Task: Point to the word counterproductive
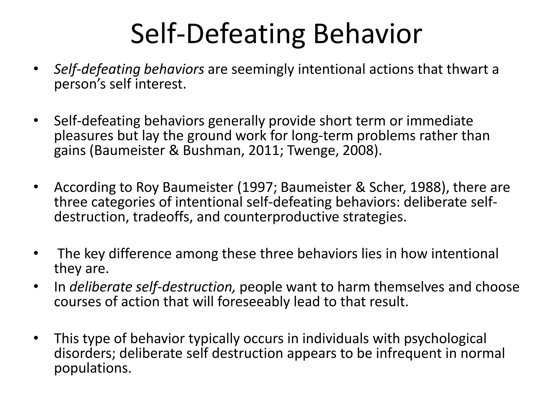point(281,217)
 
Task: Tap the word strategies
point(374,217)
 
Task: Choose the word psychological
point(445,339)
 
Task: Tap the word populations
point(92,368)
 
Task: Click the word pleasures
point(83,136)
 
